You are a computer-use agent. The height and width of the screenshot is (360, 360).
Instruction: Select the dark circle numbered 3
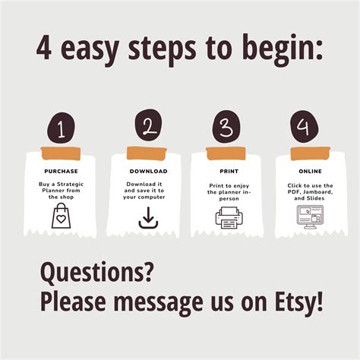[226, 127]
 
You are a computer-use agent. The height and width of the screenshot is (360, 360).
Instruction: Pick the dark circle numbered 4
[305, 126]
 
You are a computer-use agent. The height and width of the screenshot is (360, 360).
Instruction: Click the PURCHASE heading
[61, 172]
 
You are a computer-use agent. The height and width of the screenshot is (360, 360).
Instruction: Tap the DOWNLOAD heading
[147, 172]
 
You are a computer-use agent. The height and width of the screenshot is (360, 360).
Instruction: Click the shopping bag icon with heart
[61, 217]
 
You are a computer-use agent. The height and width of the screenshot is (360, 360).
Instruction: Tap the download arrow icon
[147, 218]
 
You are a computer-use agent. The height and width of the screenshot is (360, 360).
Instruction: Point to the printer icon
[228, 218]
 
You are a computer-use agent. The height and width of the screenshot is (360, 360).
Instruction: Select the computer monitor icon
[307, 216]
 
